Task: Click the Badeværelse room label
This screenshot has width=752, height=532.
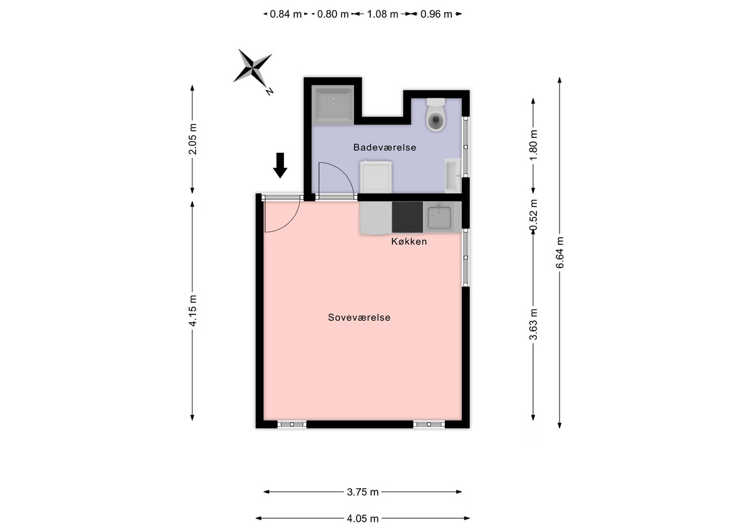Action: pos(385,147)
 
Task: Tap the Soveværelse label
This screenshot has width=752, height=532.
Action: pos(359,318)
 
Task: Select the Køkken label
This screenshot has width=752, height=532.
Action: pos(409,242)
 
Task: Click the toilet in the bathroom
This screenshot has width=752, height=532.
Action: pos(436,115)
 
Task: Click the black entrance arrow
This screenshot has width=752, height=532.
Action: pos(280,165)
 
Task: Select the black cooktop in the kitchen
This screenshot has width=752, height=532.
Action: pos(407,217)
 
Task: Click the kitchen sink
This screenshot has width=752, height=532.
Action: pos(439,217)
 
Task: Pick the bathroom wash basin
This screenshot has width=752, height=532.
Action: pos(453,175)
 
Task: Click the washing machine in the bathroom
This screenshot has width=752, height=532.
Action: pos(375,177)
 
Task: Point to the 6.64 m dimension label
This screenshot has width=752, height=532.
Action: pos(560,253)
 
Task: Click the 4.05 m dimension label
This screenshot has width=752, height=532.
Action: pos(363,519)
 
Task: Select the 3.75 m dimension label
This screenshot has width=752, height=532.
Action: pos(363,492)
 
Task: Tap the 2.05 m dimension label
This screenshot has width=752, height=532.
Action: pos(193,139)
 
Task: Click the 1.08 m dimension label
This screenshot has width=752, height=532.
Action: pos(382,14)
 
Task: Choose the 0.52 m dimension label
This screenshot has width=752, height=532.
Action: pos(533,216)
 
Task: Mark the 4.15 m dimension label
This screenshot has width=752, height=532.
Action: pos(193,310)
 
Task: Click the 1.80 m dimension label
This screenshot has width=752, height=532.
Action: pos(533,145)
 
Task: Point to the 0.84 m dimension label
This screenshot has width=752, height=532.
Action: pos(286,14)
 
